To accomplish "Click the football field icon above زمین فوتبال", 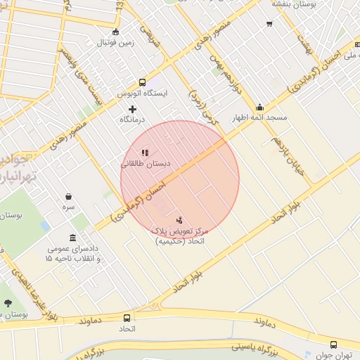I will click(x=115, y=32).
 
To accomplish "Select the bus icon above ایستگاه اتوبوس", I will click(x=143, y=82).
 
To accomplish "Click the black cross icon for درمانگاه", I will click(x=132, y=109).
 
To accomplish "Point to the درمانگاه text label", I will click(x=131, y=120).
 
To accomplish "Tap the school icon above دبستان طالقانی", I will click(x=145, y=153).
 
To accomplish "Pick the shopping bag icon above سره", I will click(x=68, y=197).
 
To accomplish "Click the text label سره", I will click(x=68, y=208).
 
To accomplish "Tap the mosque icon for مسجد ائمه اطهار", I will click(x=260, y=108).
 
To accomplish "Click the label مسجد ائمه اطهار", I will click(x=260, y=118).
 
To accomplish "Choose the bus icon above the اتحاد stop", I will click(x=127, y=318).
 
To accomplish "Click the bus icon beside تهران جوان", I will click(x=333, y=345).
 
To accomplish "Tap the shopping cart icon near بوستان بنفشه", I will click(x=269, y=24).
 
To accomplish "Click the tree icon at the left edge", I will click(x=8, y=303).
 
